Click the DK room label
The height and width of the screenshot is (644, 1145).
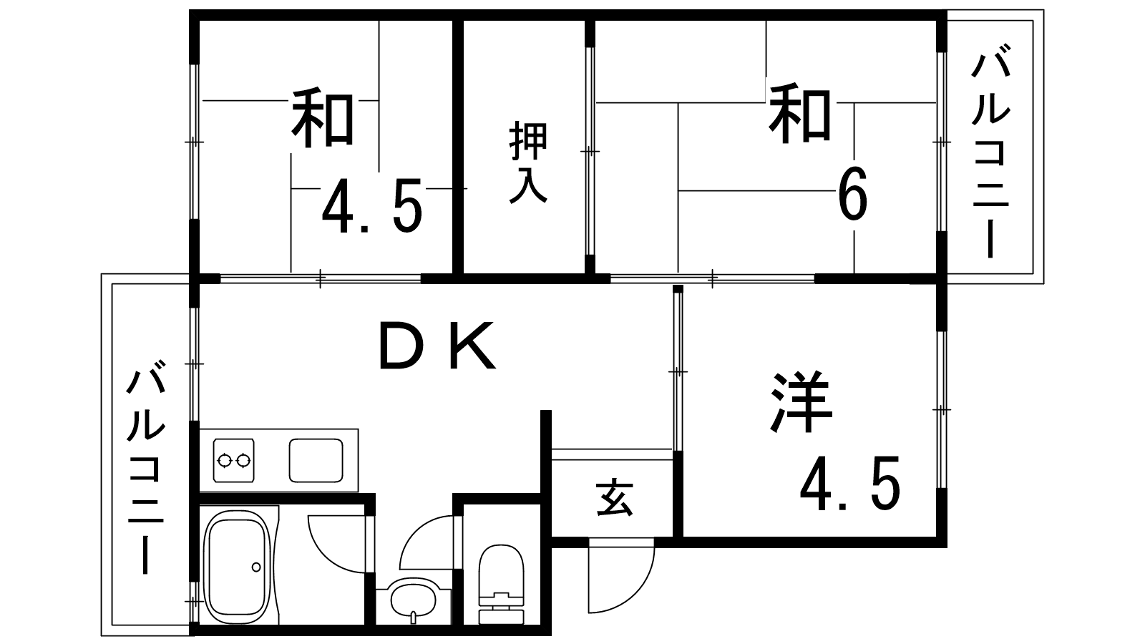(437, 346)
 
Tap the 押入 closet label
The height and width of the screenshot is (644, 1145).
(528, 162)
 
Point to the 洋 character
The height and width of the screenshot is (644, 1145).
(801, 401)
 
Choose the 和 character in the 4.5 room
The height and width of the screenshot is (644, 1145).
(323, 118)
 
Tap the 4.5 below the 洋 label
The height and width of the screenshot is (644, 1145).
(849, 483)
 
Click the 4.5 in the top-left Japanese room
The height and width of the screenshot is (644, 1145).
(372, 205)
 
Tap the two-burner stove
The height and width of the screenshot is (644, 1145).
(233, 460)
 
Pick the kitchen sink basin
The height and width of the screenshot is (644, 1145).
(316, 460)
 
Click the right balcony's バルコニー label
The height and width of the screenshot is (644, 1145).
(991, 151)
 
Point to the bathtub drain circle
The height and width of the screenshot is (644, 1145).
(256, 567)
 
